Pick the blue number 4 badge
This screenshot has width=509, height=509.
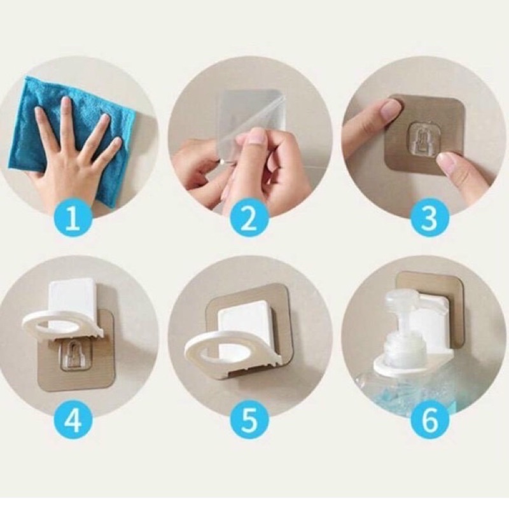(73, 421)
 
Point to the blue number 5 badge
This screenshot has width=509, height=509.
(249, 421)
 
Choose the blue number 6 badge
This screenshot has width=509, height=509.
(430, 421)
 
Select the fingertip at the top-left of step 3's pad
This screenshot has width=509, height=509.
(388, 110)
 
